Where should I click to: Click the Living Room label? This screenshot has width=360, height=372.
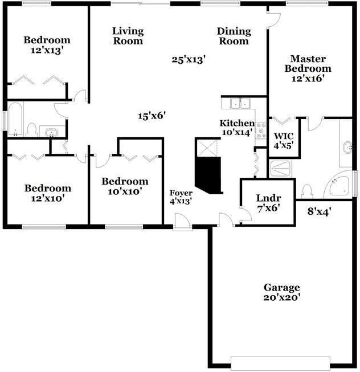(x=128, y=36)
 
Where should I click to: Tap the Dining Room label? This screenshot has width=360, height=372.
(x=233, y=36)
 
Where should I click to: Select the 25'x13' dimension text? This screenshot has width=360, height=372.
(x=189, y=59)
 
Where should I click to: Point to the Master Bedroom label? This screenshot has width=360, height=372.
(x=308, y=68)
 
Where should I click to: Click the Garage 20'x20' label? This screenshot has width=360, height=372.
(x=281, y=292)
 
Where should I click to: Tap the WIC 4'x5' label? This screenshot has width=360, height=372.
(x=284, y=141)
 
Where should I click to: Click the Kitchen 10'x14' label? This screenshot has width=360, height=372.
(x=238, y=128)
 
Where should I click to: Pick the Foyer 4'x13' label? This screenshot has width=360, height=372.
(x=181, y=197)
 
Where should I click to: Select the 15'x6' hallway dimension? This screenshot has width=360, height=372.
(x=152, y=116)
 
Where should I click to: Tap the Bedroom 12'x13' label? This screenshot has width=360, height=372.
(x=47, y=45)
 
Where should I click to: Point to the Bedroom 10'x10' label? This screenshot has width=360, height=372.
(x=125, y=186)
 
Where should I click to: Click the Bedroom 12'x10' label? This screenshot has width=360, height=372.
(x=47, y=193)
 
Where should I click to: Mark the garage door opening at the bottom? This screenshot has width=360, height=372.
(x=280, y=362)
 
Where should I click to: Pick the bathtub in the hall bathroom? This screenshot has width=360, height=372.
(x=15, y=120)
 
